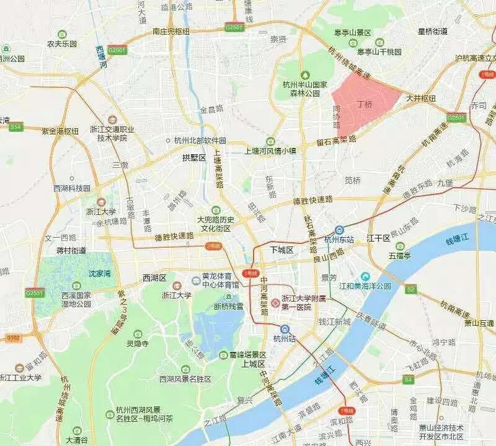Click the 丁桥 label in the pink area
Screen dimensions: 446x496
tap(365, 104)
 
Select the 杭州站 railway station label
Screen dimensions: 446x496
tap(284, 338)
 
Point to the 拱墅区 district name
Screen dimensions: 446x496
tap(193, 158)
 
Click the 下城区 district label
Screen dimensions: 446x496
tap(281, 249)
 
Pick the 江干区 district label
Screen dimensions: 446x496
tap(378, 238)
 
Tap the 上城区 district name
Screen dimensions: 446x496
tap(254, 364)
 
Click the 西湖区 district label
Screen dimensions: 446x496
tap(154, 278)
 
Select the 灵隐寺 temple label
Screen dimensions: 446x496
tap(137, 343)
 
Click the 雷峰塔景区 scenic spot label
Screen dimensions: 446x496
tap(247, 355)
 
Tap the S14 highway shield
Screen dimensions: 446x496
tap(15, 127)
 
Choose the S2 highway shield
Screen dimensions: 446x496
tap(410, 289)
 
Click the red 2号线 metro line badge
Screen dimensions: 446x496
tap(213, 246)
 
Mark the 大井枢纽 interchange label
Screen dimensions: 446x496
tap(421, 98)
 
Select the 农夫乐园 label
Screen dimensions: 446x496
tap(61, 44)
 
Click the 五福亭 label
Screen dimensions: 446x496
tap(400, 255)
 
